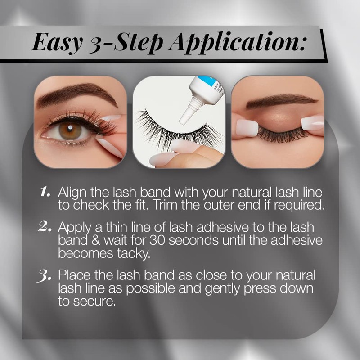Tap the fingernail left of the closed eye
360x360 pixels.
tap(247, 128)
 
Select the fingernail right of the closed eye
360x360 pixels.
tap(312, 123)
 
